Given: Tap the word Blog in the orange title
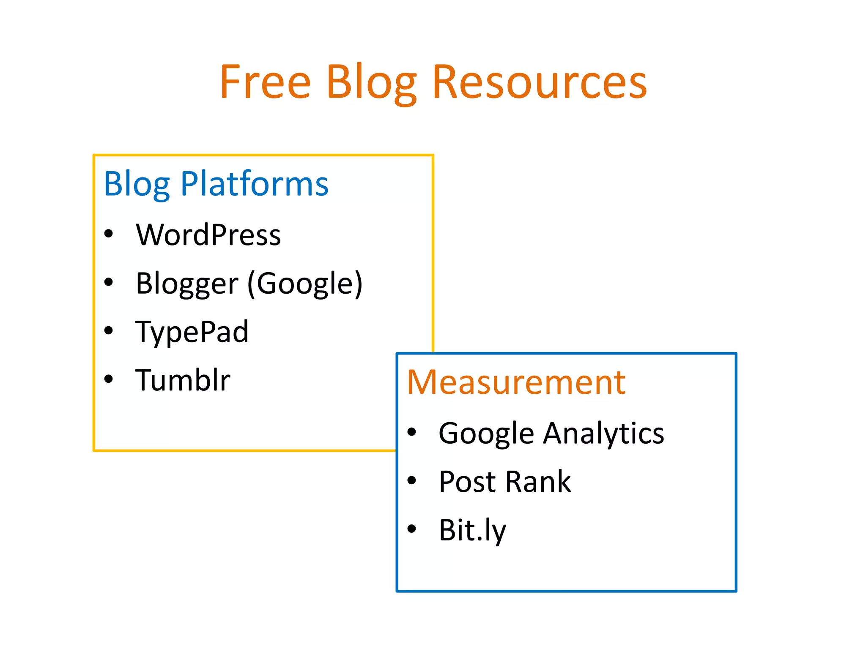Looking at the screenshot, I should (x=371, y=83).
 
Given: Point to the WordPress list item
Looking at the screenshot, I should (x=208, y=235).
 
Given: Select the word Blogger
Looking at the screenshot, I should (x=187, y=284).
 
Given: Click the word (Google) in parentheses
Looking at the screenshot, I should (x=305, y=284).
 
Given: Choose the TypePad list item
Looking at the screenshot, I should (x=192, y=332).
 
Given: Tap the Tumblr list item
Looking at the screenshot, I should (x=183, y=380).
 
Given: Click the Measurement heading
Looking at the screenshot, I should (x=516, y=382).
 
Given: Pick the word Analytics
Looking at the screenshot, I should (x=603, y=434).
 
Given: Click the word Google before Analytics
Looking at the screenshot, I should (x=486, y=434).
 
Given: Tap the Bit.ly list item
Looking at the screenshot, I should (x=472, y=530).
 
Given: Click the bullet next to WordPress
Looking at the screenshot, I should (x=109, y=234).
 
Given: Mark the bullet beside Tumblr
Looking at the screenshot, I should (x=109, y=379).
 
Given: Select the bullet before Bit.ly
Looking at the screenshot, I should (x=412, y=529).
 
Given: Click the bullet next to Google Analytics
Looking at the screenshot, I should (x=412, y=432).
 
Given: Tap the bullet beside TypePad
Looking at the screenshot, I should (x=109, y=330).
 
